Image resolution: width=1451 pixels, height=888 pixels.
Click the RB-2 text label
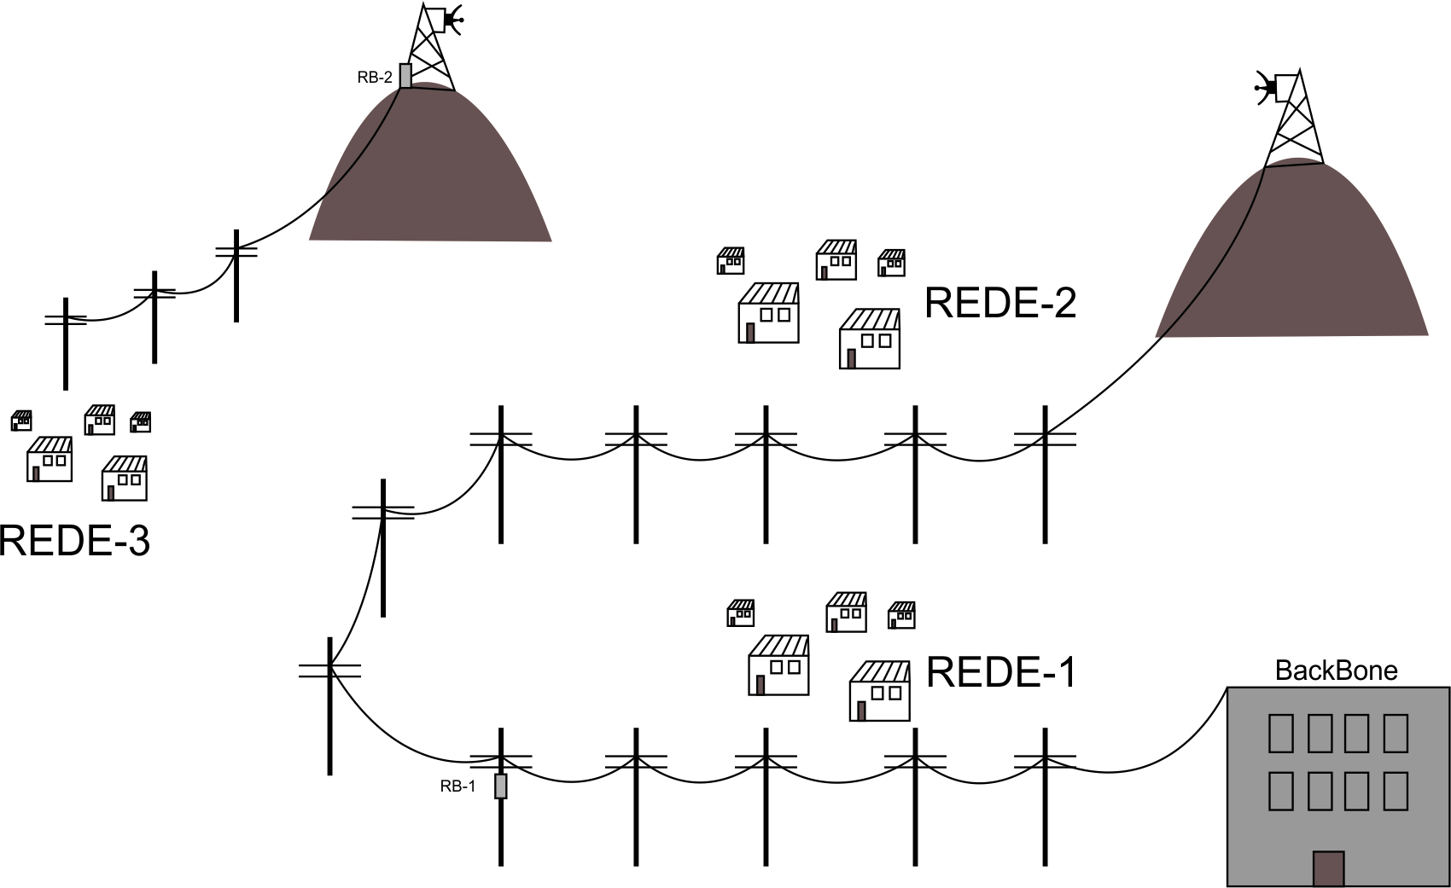click(375, 78)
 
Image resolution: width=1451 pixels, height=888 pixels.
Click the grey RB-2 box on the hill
click(405, 75)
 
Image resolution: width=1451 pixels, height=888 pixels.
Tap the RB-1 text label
click(457, 786)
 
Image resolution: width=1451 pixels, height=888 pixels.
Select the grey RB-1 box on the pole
click(501, 786)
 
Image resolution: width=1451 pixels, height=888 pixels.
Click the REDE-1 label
click(1001, 672)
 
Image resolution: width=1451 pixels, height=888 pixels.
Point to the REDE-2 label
click(1000, 303)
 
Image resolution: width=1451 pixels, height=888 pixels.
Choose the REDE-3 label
click(74, 541)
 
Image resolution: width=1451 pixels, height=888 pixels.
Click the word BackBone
click(1336, 670)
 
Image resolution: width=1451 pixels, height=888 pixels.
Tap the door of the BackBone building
click(1328, 868)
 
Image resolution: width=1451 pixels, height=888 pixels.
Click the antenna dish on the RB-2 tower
click(452, 19)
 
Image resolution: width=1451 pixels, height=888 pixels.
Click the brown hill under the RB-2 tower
click(431, 171)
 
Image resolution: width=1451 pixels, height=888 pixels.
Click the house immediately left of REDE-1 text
click(880, 691)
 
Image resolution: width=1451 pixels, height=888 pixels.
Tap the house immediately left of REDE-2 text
click(870, 339)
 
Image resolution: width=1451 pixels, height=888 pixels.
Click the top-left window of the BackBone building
click(1280, 733)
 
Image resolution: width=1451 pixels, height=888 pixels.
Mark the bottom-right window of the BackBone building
click(1396, 791)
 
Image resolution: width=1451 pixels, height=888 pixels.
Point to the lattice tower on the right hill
click(1295, 119)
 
